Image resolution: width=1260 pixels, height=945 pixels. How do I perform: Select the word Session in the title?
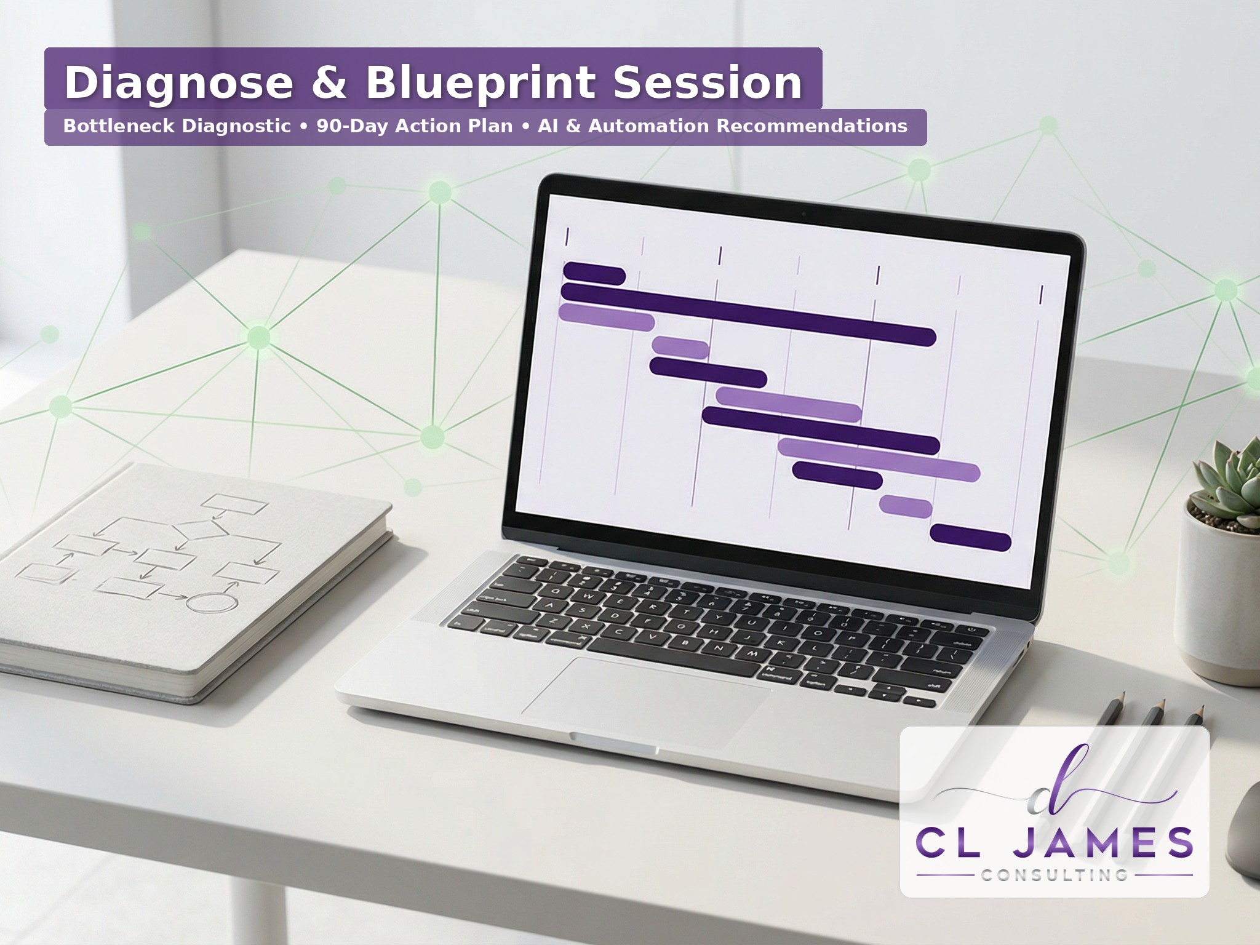click(708, 82)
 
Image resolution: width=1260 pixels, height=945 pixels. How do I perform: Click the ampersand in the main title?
click(330, 82)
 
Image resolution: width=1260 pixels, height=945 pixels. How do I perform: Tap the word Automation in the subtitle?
click(649, 126)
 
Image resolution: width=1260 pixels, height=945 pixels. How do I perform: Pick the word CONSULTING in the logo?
click(1055, 875)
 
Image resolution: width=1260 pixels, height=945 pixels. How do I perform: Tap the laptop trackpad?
click(646, 694)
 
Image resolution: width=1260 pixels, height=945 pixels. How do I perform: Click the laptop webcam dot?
click(803, 214)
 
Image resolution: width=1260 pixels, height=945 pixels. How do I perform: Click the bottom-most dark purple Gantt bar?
click(970, 537)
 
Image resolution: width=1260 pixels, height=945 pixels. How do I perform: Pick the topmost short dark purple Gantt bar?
click(594, 273)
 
